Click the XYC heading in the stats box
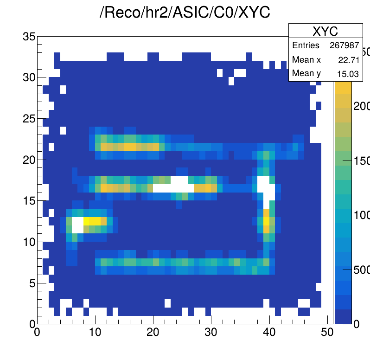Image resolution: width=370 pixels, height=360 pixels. pos(325,31)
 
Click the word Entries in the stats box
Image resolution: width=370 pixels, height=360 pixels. pos(306,45)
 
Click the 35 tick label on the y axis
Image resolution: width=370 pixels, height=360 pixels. pos(29,37)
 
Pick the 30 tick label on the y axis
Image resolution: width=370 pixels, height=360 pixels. pos(29,77)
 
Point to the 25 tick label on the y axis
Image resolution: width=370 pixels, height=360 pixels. pos(29,119)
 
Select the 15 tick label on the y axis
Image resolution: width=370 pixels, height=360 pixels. pos(29,201)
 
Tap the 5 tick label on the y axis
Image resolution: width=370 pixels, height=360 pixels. pos(32,283)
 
